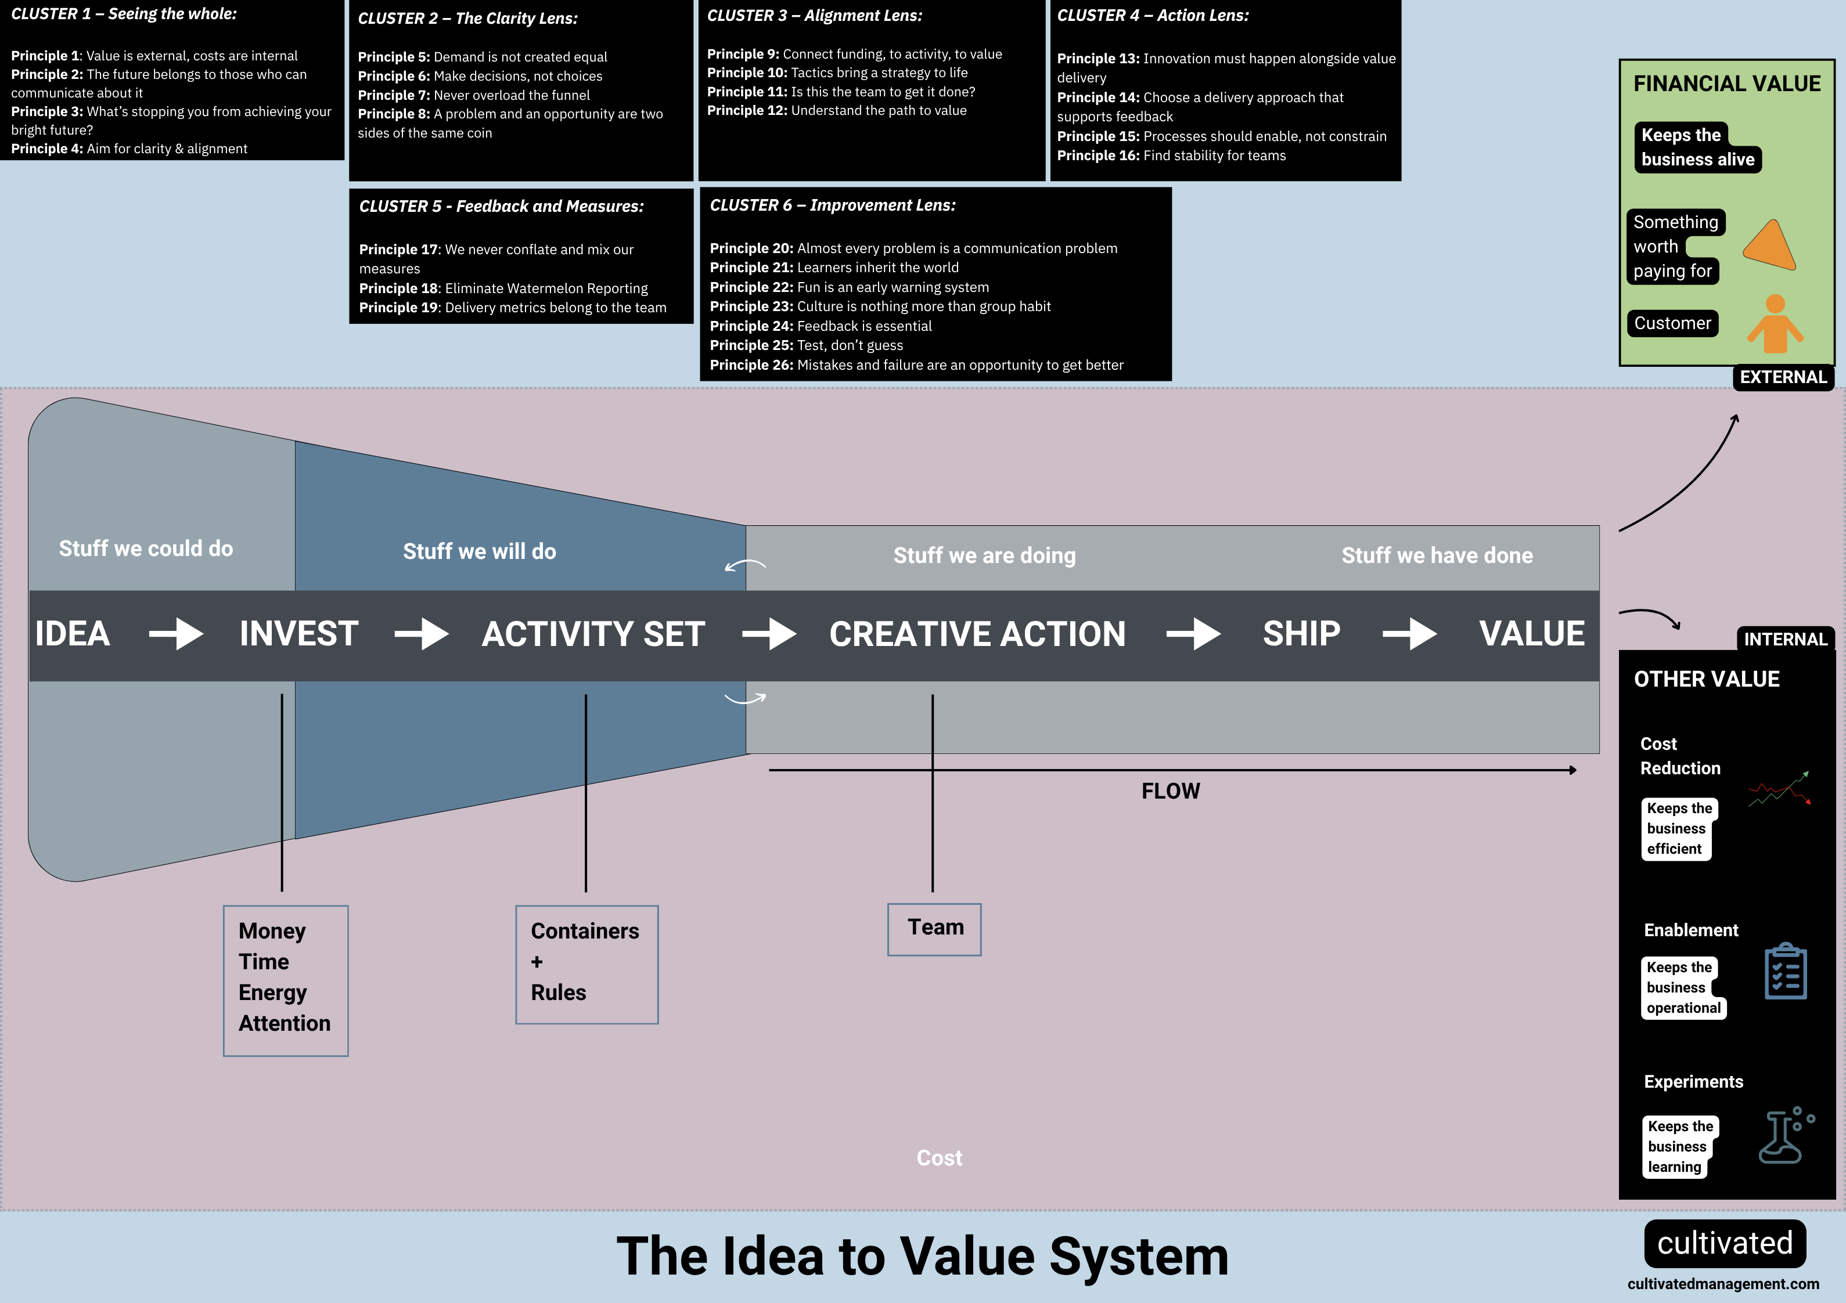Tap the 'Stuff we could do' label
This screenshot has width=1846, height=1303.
[146, 549]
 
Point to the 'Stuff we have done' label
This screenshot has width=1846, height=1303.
[1436, 555]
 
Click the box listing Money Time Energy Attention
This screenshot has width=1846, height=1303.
[286, 981]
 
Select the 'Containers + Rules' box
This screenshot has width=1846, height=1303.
[586, 965]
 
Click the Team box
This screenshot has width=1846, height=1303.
[934, 929]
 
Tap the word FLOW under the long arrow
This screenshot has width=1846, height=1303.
[1170, 792]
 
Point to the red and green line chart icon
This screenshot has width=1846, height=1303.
[1779, 790]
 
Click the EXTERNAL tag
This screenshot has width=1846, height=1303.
[1783, 377]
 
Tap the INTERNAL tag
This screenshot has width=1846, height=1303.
[1785, 639]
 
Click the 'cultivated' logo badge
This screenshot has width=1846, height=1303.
[1725, 1243]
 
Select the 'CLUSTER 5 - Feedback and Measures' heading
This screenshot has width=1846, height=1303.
[501, 207]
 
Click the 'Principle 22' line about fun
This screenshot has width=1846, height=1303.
[849, 287]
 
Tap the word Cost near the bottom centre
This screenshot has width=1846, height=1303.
[939, 1157]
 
